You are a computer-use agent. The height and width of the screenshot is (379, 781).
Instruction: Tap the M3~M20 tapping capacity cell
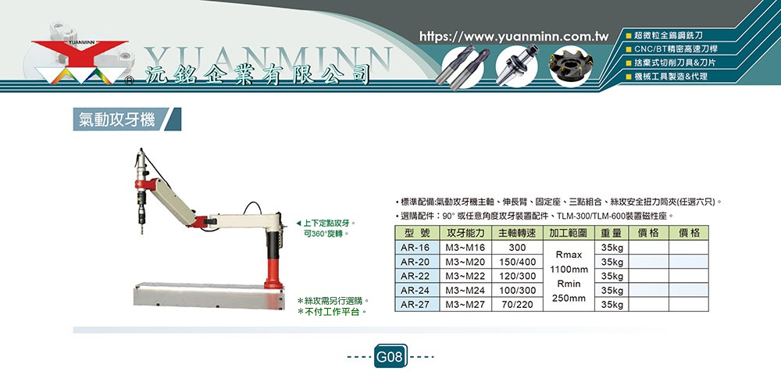pyautogui.click(x=465, y=262)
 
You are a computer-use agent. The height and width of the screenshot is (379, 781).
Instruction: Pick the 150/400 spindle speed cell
pyautogui.click(x=517, y=262)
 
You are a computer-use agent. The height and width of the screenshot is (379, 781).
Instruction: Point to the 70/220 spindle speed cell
pyautogui.click(x=517, y=305)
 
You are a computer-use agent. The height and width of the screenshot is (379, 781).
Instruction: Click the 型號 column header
pyautogui.click(x=417, y=233)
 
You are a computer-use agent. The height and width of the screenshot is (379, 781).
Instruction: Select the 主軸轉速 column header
pyautogui.click(x=517, y=233)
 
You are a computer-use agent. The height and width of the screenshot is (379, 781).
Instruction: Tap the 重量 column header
pyautogui.click(x=612, y=233)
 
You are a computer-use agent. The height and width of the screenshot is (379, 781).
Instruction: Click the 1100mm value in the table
pyautogui.click(x=569, y=270)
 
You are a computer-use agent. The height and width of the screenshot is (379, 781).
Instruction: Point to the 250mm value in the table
pyautogui.click(x=569, y=299)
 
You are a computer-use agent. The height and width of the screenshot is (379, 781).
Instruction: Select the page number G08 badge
pyautogui.click(x=390, y=356)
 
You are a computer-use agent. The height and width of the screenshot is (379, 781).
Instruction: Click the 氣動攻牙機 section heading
pyautogui.click(x=117, y=120)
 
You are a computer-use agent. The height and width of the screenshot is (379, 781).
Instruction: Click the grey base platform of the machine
pyautogui.click(x=209, y=295)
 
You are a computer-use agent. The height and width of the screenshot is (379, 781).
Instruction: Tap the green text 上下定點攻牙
pyautogui.click(x=329, y=223)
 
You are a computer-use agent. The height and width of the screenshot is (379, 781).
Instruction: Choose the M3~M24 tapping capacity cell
pyautogui.click(x=465, y=290)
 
